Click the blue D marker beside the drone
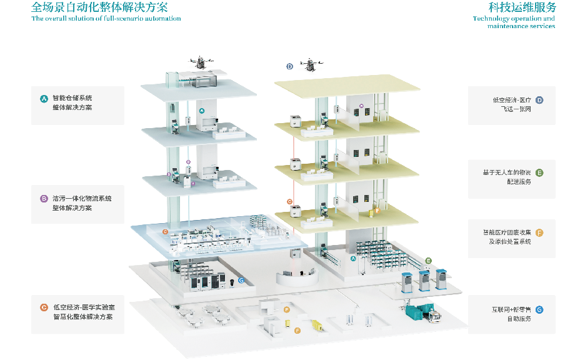point(289,66)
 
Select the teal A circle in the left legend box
point(44,98)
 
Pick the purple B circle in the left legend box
point(44,199)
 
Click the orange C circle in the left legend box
point(44,307)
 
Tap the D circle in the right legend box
point(539,100)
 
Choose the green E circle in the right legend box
point(539,173)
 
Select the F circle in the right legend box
point(539,232)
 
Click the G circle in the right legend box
point(539,309)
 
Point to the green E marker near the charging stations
point(428,260)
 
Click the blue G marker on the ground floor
point(241,281)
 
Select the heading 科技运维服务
point(522,7)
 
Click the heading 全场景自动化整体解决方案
point(99,7)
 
